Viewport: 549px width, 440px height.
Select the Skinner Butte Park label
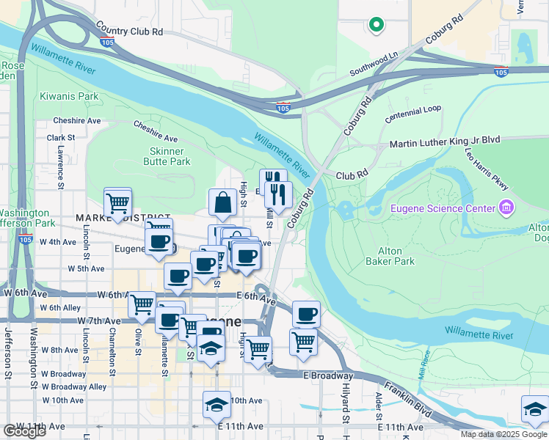coord(166,156)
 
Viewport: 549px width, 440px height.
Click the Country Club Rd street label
coord(128,32)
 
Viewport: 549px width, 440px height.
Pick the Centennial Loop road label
coord(414,109)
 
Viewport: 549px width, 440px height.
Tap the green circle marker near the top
coord(377,25)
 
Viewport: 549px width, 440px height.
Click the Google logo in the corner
coord(25,431)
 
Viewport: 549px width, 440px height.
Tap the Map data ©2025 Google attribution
coord(503,434)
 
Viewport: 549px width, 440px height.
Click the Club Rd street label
coord(352,175)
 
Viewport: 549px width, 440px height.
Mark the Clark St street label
coord(61,137)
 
